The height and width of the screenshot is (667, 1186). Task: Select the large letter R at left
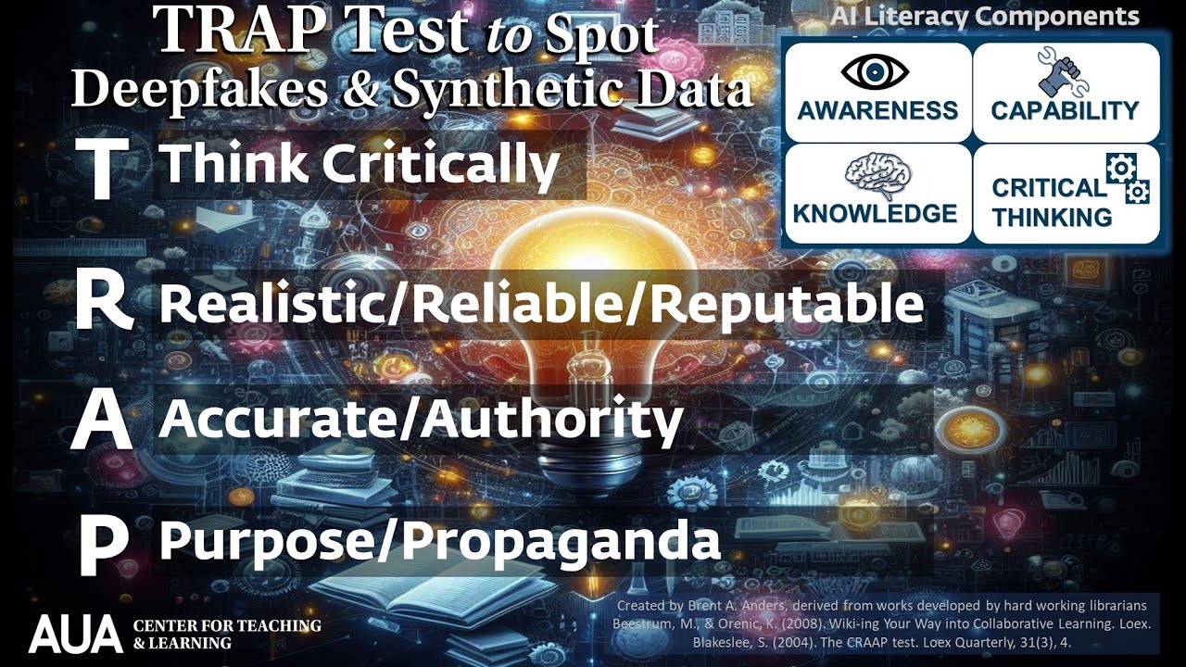coord(104,302)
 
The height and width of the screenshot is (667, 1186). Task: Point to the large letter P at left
coord(102,544)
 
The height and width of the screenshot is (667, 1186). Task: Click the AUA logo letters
coord(75,633)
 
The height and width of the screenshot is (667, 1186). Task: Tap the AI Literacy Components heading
coord(984,16)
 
